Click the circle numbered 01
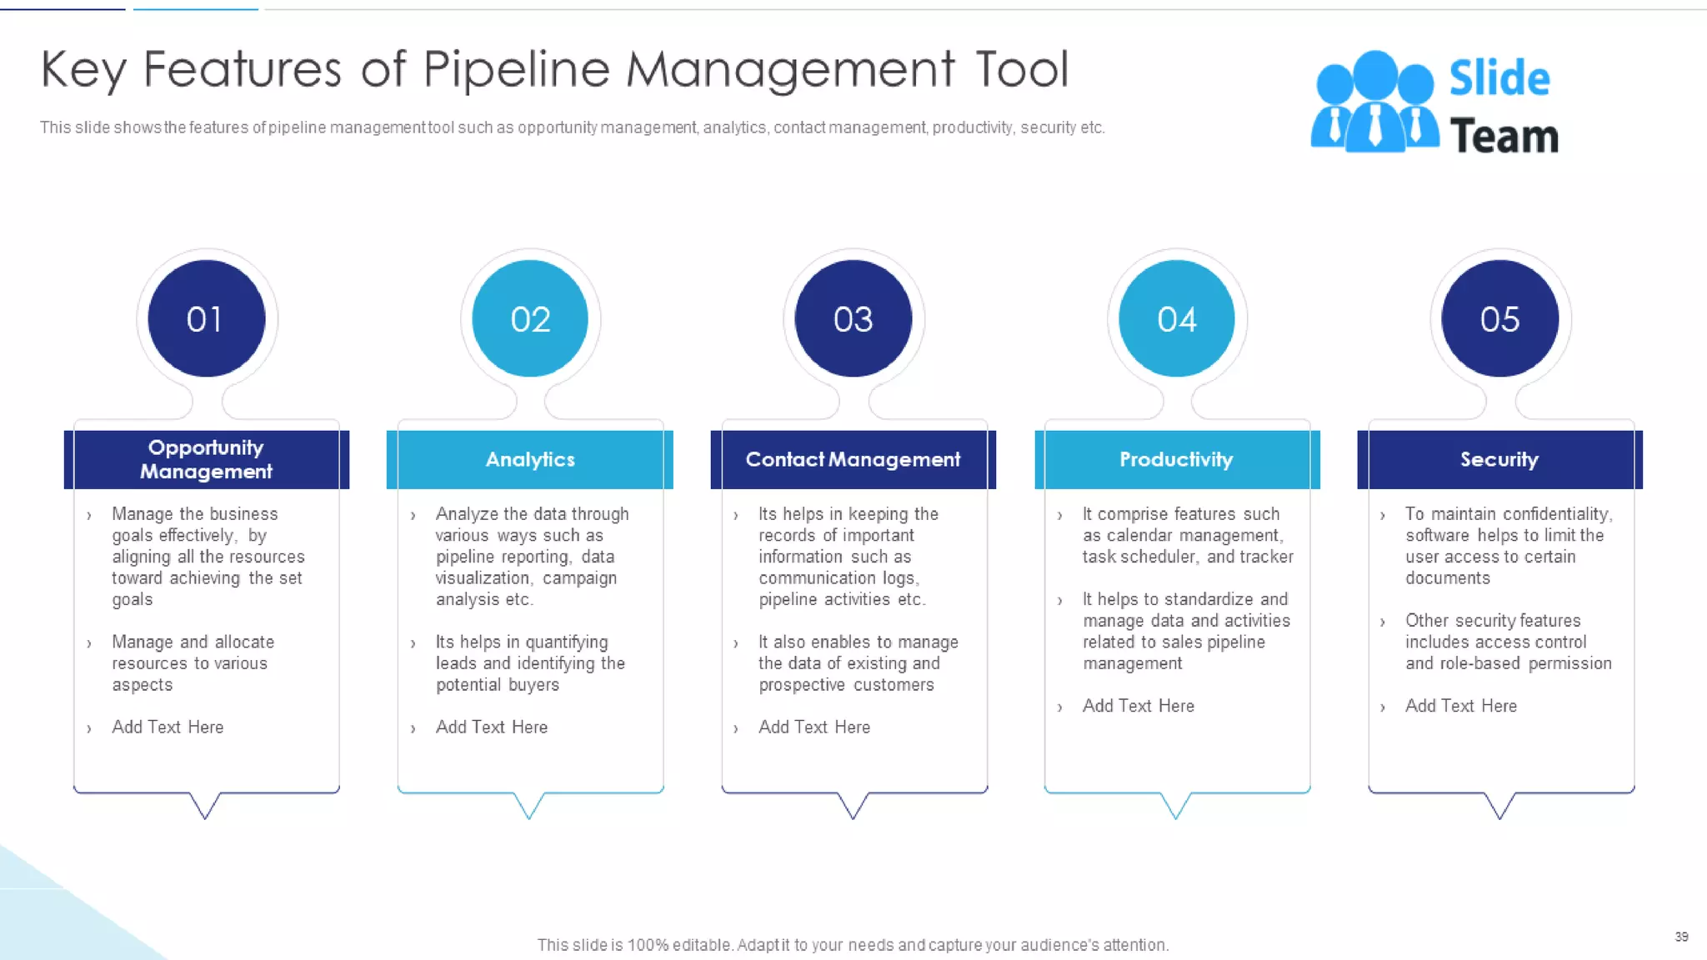point(206,318)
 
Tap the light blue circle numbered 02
point(530,318)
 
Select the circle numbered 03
point(853,318)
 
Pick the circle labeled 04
point(1176,318)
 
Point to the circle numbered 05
point(1499,318)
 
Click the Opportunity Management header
point(206,459)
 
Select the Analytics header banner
point(530,459)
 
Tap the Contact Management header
point(853,459)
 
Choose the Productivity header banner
point(1176,459)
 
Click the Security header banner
point(1499,459)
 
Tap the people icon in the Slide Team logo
point(1374,102)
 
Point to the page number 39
point(1681,937)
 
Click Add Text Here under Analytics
point(491,727)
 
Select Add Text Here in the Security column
point(1460,706)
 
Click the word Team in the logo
point(1504,136)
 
